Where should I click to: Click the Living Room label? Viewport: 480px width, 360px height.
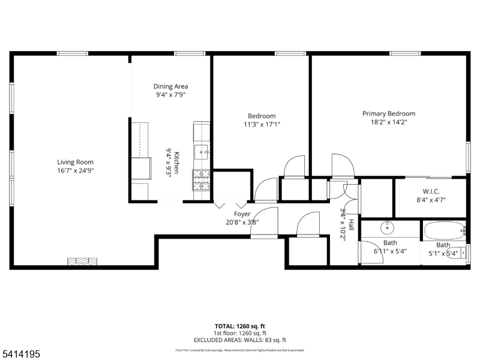75,162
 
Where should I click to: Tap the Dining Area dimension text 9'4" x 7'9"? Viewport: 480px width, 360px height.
171,95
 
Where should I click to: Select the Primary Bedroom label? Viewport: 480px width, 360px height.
388,113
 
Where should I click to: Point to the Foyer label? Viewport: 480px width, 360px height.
242,214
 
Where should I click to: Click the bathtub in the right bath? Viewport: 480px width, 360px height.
443,230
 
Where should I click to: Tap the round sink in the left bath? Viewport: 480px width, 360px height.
388,228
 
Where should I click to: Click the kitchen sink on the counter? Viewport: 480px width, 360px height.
202,150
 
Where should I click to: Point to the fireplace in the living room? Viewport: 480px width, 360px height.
82,262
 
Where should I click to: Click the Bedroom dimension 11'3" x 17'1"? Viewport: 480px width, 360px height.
262,124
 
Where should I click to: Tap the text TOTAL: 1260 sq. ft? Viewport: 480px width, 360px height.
240,326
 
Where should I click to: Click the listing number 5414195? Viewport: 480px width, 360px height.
21,355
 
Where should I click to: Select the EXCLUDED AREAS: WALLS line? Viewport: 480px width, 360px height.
240,340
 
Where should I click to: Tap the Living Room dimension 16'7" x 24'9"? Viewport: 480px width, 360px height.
75,170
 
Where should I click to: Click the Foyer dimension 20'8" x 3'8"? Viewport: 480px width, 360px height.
242,221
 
